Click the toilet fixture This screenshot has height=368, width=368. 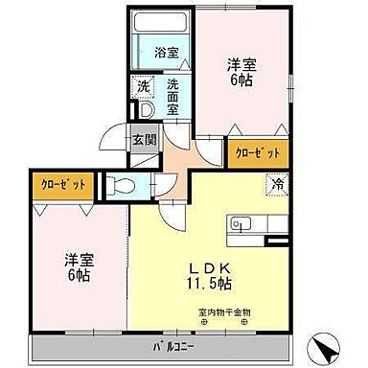pyautogui.click(x=117, y=185)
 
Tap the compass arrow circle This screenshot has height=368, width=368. pyautogui.click(x=328, y=348)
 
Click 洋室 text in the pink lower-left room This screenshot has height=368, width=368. pyautogui.click(x=78, y=259)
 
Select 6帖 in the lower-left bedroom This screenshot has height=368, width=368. pyautogui.click(x=78, y=275)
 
